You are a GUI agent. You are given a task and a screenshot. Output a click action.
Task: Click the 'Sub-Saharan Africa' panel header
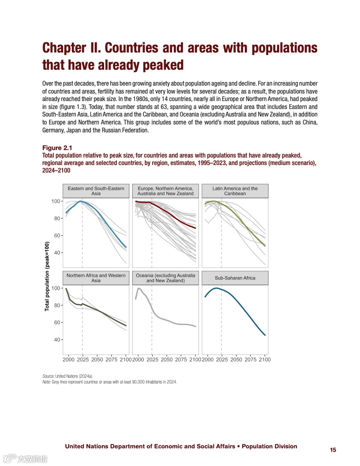(x=235, y=278)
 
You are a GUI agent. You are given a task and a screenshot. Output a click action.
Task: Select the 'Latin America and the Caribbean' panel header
(x=235, y=191)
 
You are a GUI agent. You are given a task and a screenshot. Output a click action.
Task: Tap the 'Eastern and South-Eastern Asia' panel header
(x=96, y=191)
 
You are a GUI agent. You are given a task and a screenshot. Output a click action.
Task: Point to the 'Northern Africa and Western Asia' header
(x=96, y=278)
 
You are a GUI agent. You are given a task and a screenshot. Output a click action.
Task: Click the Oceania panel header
(x=165, y=278)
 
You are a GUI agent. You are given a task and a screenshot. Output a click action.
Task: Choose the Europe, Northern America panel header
(x=165, y=191)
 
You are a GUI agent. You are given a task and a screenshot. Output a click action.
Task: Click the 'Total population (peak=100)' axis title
(x=47, y=277)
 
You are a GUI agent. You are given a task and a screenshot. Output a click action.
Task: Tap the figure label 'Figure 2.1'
(x=57, y=147)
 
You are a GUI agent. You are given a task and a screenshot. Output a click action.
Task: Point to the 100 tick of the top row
(x=55, y=201)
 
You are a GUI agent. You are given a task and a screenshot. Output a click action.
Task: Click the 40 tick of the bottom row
(x=56, y=340)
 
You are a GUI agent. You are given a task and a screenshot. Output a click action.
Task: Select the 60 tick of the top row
(x=56, y=236)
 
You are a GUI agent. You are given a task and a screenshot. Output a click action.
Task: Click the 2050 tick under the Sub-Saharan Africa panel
(x=236, y=360)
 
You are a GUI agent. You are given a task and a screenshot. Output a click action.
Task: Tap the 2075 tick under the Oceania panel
(x=181, y=360)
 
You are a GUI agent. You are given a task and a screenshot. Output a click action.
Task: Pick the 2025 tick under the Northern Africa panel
(x=82, y=360)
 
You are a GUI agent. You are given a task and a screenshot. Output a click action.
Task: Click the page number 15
(x=333, y=450)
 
